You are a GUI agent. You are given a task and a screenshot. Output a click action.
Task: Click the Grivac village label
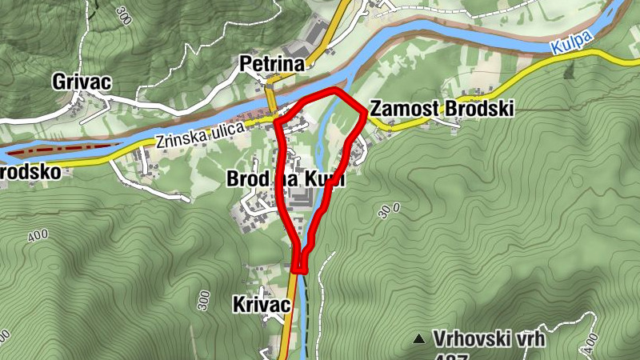click(82, 82)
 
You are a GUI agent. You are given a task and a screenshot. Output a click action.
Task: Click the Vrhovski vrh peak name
click(489, 338)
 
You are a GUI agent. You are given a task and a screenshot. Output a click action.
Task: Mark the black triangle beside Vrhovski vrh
click(418, 340)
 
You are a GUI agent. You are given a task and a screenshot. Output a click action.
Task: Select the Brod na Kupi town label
click(286, 178)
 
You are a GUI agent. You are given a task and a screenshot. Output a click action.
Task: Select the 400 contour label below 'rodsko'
click(36, 237)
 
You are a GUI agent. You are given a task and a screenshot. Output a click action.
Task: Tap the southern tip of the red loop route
click(299, 269)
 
